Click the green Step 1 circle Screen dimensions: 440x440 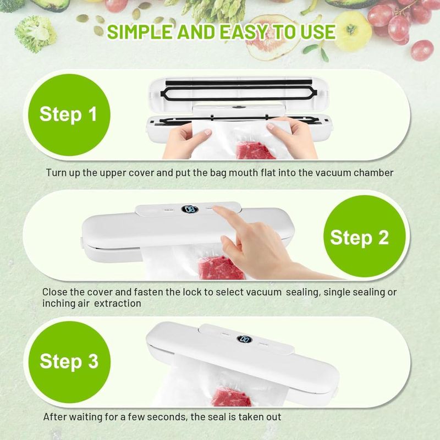pyautogui.click(x=69, y=115)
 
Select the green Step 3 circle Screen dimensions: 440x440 pyautogui.click(x=69, y=362)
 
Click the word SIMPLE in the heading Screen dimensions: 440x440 pyautogui.click(x=140, y=32)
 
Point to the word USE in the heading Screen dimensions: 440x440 pyautogui.click(x=318, y=32)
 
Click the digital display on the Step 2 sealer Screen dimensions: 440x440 pyautogui.click(x=189, y=210)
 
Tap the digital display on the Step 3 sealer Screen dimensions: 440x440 pyautogui.click(x=244, y=339)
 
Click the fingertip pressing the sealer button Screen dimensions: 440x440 pyautogui.click(x=216, y=208)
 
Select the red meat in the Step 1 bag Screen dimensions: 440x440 pyautogui.click(x=254, y=150)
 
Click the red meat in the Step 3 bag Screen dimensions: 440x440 pyautogui.click(x=231, y=397)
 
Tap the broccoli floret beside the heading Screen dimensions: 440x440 pyautogui.click(x=35, y=34)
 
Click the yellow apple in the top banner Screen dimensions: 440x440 pyautogui.click(x=352, y=31)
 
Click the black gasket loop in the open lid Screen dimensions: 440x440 pyautogui.click(x=239, y=94)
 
